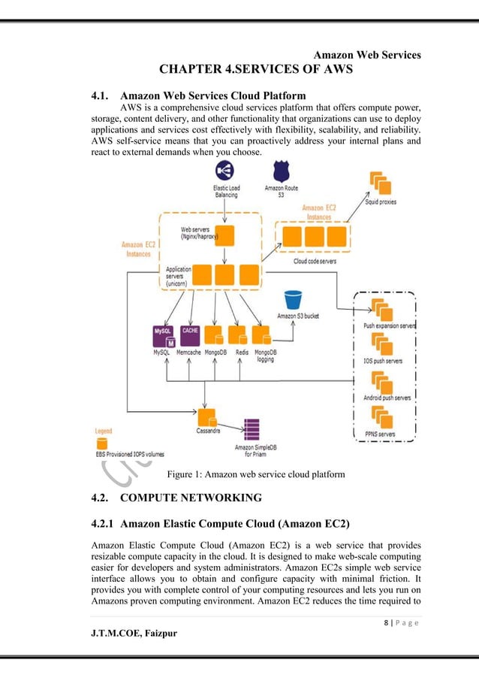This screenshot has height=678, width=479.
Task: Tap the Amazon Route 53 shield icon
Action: (x=281, y=171)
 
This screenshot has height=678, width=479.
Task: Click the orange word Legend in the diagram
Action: (x=103, y=431)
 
